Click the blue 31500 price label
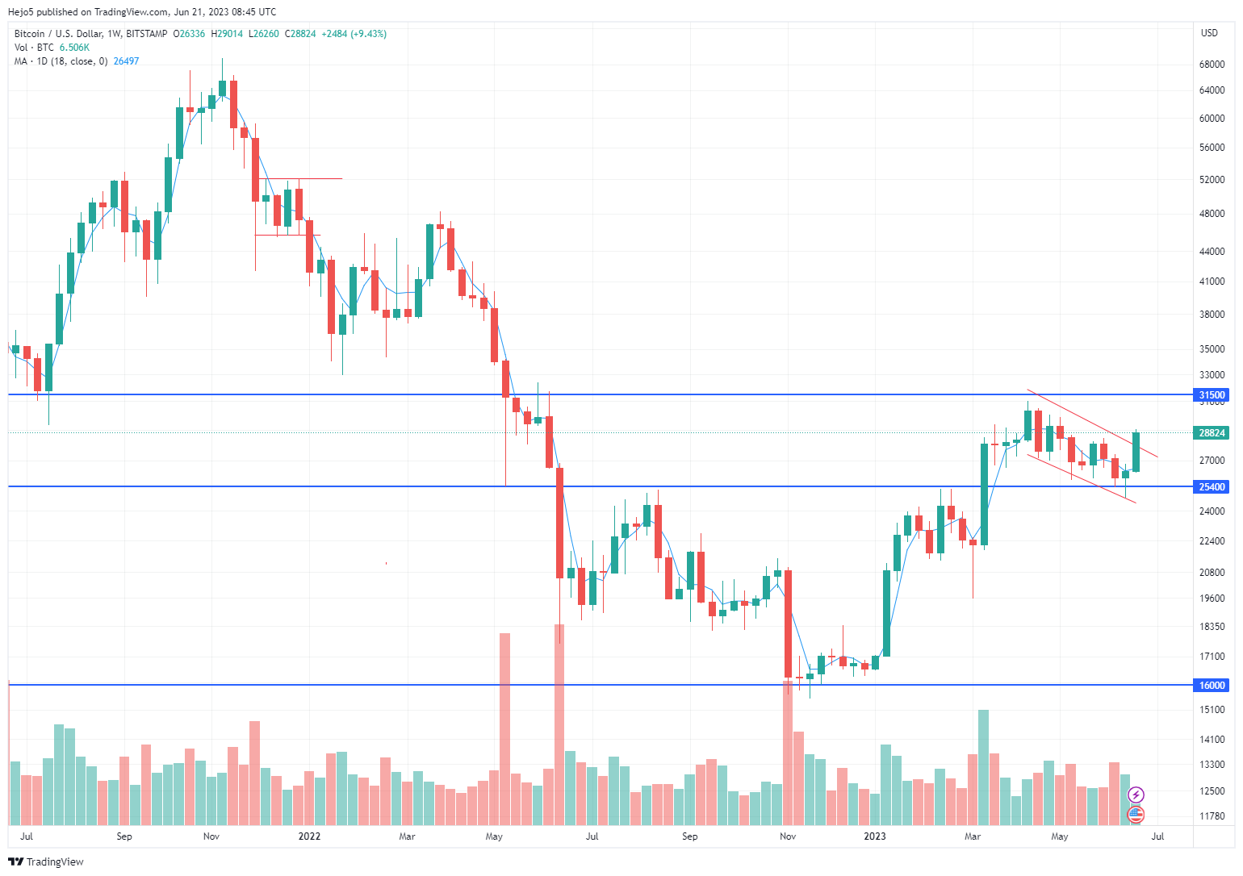1212,395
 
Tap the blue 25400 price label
1212,487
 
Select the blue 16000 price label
1212,686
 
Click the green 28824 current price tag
1212,433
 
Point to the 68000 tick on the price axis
1212,65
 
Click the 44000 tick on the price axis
1212,252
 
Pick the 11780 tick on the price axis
1212,816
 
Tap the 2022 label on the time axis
309,836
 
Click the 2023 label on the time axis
875,836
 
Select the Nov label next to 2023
788,836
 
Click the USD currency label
1209,33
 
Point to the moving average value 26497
126,61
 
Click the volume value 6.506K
74,48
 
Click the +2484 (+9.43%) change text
354,34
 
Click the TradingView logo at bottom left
46,861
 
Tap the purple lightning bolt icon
1136,795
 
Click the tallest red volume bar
559,724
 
